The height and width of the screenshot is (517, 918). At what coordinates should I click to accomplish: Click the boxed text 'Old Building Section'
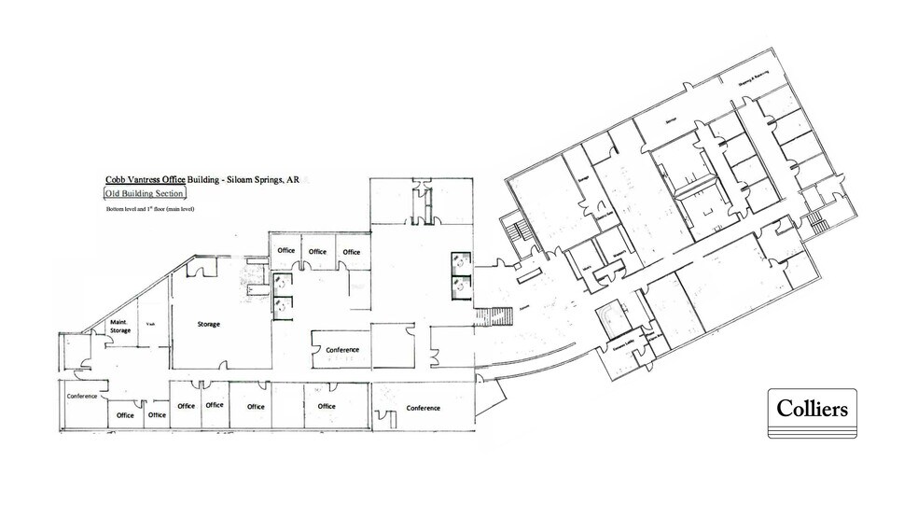pyautogui.click(x=146, y=193)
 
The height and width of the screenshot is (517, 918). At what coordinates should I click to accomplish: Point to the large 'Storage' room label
pyautogui.click(x=208, y=325)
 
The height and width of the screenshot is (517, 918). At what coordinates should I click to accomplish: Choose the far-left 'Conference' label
pyautogui.click(x=81, y=396)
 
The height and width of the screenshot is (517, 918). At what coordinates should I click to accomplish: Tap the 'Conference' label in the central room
pyautogui.click(x=342, y=350)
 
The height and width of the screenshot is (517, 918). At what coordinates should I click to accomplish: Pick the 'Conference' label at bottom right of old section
pyautogui.click(x=423, y=408)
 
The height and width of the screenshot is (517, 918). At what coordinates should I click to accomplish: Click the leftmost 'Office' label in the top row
pyautogui.click(x=286, y=251)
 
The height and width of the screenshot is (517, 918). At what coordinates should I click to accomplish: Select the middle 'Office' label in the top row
pyautogui.click(x=318, y=251)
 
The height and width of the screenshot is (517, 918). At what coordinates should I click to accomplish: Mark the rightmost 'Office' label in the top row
pyautogui.click(x=351, y=251)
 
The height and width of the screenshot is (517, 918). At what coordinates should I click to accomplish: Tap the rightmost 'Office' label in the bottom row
pyautogui.click(x=326, y=406)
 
